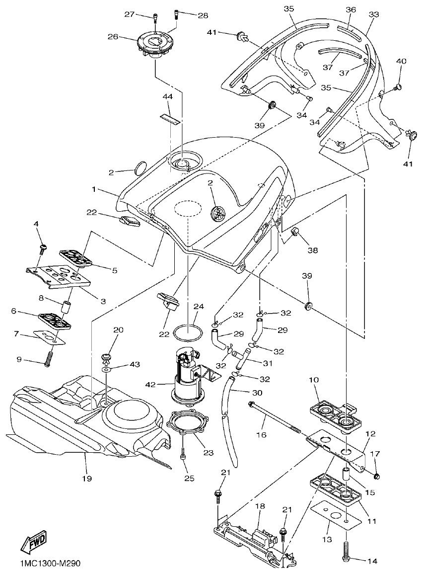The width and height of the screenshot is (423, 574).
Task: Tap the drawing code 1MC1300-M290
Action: point(50,564)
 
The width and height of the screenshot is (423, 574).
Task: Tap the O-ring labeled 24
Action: point(188,331)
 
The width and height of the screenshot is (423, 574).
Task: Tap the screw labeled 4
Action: point(43,247)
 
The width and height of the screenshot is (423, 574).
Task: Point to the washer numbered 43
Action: point(107,370)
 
